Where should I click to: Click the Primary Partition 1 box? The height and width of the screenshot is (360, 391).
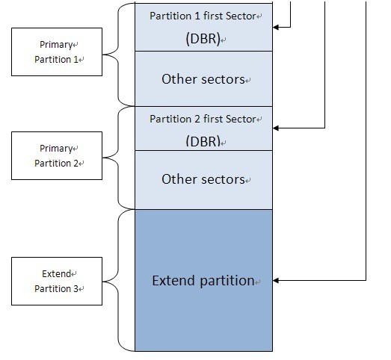tap(57, 52)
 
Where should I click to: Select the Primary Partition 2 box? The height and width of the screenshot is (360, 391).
tap(57, 155)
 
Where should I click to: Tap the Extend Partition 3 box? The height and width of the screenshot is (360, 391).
tap(57, 281)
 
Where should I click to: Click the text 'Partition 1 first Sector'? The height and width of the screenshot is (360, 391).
tap(203, 16)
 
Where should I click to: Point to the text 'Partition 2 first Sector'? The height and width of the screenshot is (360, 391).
tap(203, 119)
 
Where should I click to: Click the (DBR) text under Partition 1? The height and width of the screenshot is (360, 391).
tap(203, 39)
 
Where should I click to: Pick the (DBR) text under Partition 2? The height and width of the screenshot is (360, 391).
tap(203, 141)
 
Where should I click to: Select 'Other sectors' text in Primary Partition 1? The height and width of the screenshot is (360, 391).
tap(203, 79)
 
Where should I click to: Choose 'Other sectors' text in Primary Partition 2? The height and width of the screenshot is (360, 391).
tap(203, 179)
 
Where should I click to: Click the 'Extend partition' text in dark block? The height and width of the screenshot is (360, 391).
tap(203, 281)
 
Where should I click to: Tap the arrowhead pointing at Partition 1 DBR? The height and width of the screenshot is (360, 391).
tap(276, 27)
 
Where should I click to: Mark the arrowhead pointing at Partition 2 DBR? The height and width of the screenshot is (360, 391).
tap(276, 128)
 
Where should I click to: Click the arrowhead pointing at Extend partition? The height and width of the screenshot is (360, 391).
tap(276, 281)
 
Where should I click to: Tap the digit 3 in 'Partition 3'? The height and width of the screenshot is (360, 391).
tap(76, 289)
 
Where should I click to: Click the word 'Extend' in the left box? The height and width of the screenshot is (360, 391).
tap(56, 274)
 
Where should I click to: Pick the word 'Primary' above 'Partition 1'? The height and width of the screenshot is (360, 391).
tap(56, 45)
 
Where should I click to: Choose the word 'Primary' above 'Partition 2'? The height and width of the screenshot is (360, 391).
tap(56, 149)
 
